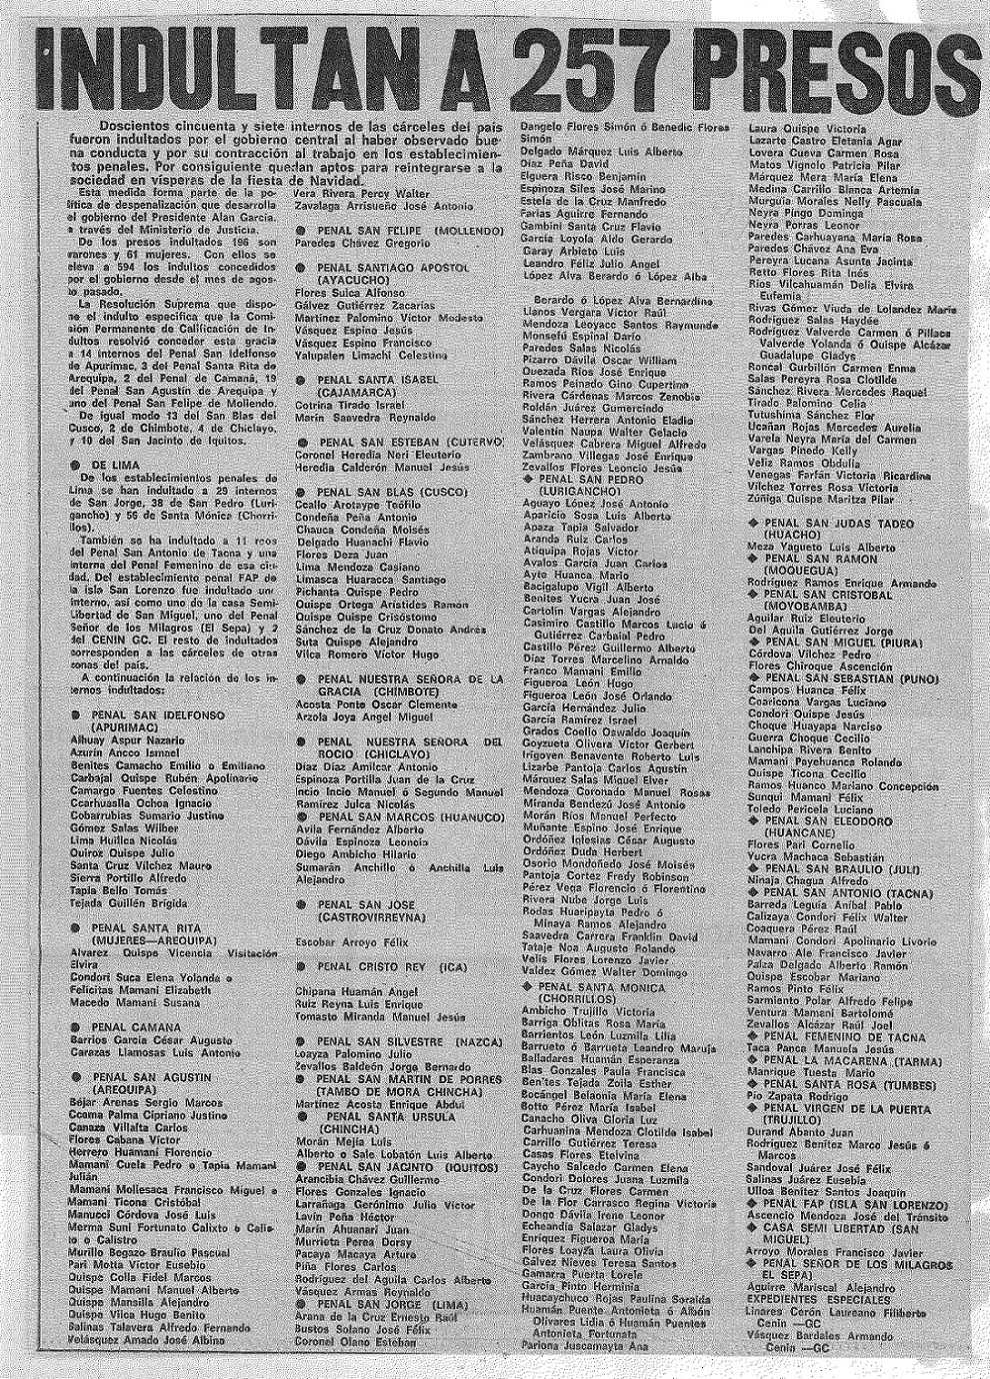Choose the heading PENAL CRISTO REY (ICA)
[378, 967]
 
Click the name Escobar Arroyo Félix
[347, 941]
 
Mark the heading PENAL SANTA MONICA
[600, 987]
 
